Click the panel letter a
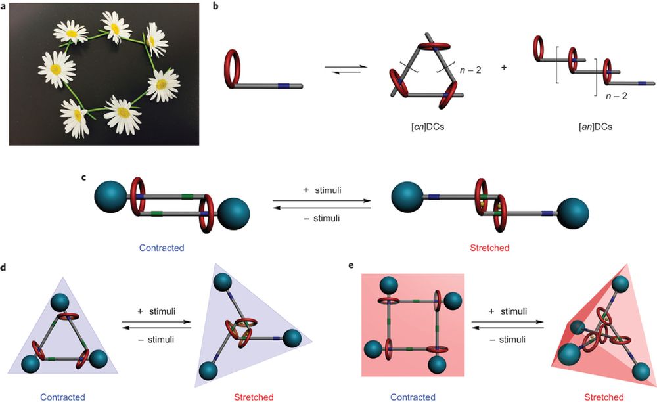(x=5, y=6)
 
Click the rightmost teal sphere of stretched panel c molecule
(x=574, y=213)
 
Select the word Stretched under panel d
(x=253, y=397)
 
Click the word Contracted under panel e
(x=413, y=397)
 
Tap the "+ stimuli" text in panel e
(x=510, y=313)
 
